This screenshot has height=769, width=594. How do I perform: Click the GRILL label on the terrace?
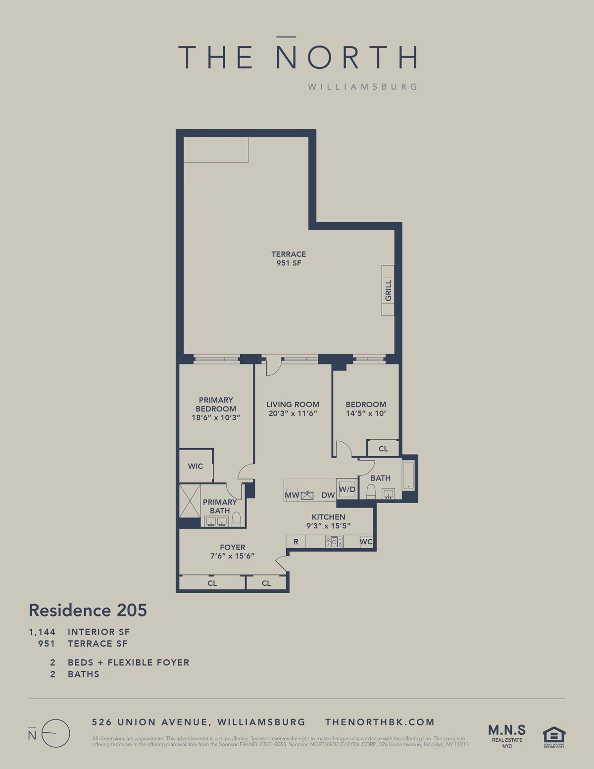tap(388, 291)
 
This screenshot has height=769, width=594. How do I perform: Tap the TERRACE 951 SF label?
tap(289, 258)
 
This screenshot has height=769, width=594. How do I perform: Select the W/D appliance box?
tap(347, 489)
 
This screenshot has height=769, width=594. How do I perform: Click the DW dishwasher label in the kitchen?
tap(328, 495)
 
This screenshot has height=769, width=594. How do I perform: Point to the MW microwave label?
tap(292, 495)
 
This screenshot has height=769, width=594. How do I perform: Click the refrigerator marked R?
tap(296, 542)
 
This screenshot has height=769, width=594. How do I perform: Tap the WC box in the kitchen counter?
tap(366, 542)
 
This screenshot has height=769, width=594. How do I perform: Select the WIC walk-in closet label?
tap(196, 466)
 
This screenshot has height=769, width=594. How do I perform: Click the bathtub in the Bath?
tap(408, 476)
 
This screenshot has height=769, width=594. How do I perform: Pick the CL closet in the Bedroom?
tap(383, 449)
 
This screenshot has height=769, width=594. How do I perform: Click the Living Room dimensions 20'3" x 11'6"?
tap(293, 413)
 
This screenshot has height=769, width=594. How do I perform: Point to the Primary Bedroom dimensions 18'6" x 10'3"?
tap(216, 417)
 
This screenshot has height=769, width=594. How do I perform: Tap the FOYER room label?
tap(233, 547)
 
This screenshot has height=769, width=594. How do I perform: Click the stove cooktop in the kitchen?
tap(334, 542)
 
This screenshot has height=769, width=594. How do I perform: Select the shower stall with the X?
tap(190, 501)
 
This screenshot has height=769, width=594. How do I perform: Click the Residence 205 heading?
tap(88, 610)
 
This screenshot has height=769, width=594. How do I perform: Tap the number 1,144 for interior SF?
tap(42, 632)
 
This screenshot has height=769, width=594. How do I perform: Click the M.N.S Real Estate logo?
tap(507, 735)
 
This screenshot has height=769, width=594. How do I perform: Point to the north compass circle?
tap(55, 733)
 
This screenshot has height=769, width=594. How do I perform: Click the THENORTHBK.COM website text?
tap(380, 722)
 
